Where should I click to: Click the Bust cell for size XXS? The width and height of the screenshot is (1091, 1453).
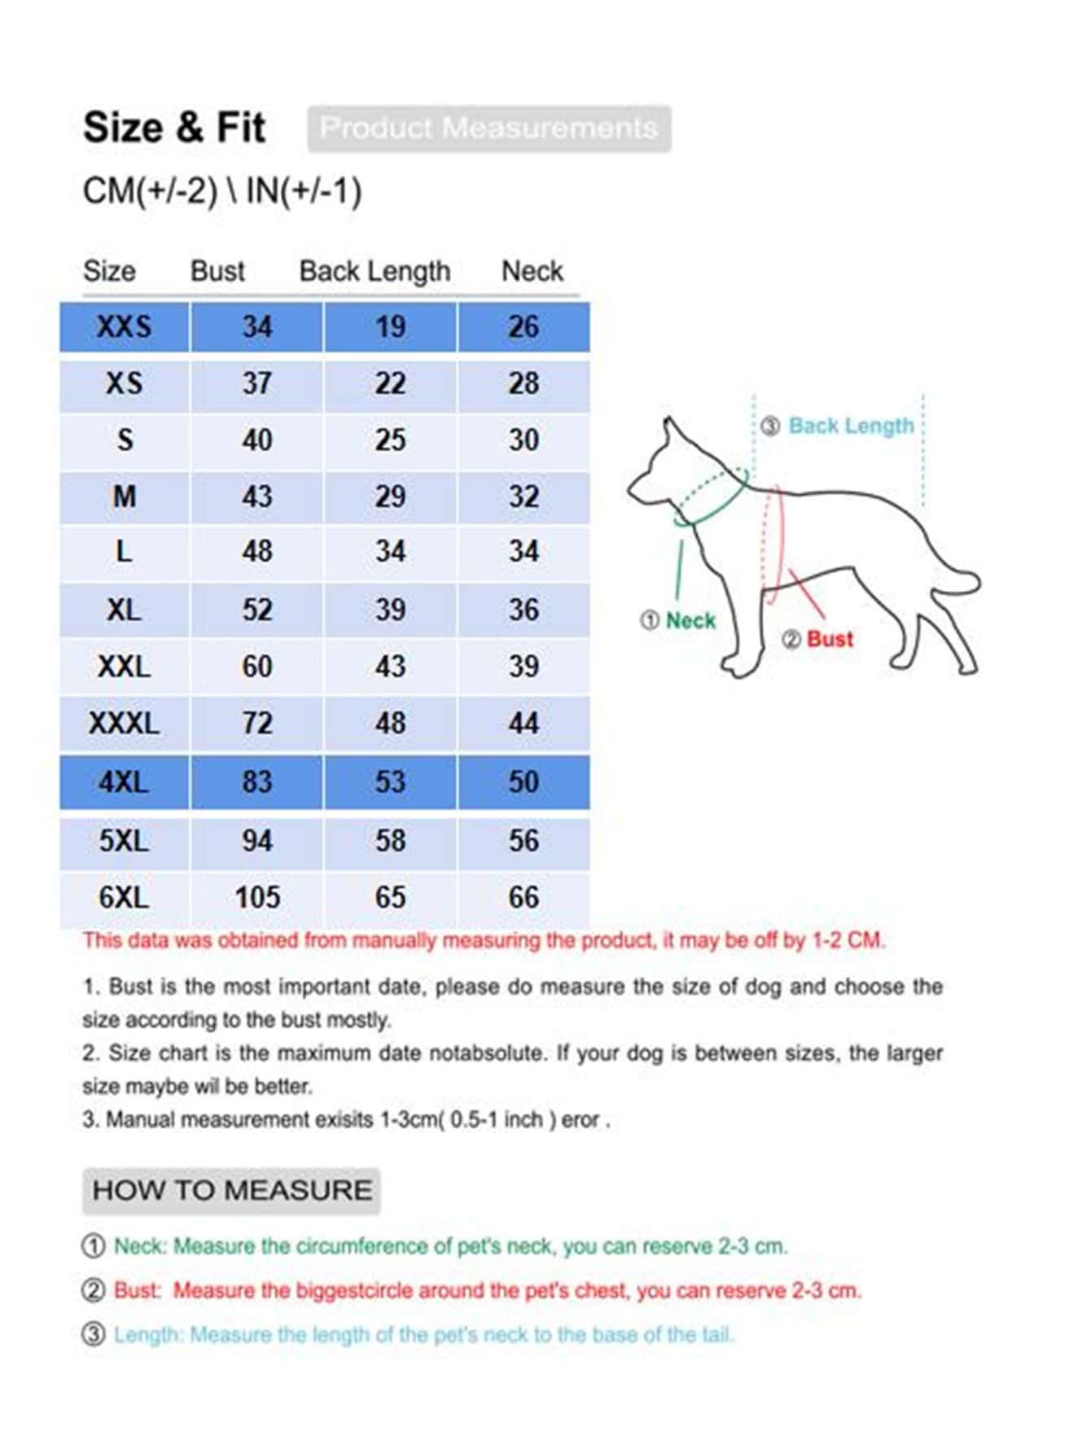(x=256, y=327)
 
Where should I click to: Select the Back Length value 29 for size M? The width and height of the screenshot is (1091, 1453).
(x=390, y=497)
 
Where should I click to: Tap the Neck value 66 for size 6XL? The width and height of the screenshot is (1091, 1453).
(x=524, y=898)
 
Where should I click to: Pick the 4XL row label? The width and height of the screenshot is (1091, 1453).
(x=124, y=782)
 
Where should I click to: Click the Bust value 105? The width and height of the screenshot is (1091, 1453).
(x=257, y=898)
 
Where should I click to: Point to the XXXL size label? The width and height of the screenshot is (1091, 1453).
(x=124, y=723)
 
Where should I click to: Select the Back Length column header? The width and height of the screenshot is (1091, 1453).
(x=375, y=271)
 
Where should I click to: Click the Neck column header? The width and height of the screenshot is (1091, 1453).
(x=532, y=271)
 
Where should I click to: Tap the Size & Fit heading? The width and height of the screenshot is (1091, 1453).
(x=174, y=128)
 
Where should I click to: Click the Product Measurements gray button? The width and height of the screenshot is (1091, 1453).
(x=489, y=129)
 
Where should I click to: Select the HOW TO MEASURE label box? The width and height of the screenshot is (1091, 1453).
(x=231, y=1190)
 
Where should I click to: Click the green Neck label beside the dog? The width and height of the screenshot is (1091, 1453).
(x=690, y=621)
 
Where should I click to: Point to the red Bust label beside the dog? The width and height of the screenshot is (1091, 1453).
(x=829, y=639)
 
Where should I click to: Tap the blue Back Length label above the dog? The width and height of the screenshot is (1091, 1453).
(x=851, y=426)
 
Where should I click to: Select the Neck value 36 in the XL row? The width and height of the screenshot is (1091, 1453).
(x=524, y=610)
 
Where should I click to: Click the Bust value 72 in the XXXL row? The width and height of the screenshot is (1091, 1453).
(x=256, y=723)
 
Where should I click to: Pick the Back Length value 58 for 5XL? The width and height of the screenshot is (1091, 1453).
(x=390, y=841)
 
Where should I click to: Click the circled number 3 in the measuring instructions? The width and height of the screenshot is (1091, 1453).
(x=94, y=1335)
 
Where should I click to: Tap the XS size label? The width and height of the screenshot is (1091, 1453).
(x=124, y=383)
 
